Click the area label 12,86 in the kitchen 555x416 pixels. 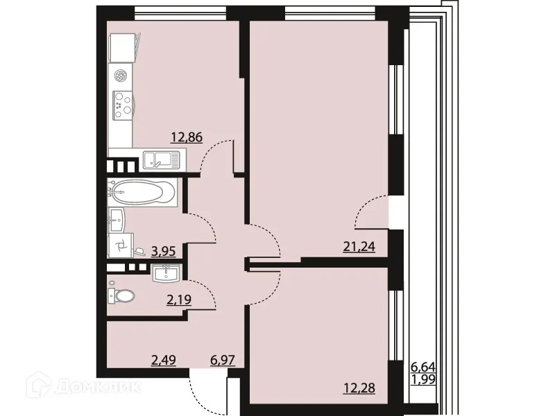click(188, 137)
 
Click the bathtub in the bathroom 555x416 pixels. click(142, 192)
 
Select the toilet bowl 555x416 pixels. click(122, 296)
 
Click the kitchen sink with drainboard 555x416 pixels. click(160, 161)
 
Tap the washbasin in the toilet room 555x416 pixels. click(166, 274)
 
